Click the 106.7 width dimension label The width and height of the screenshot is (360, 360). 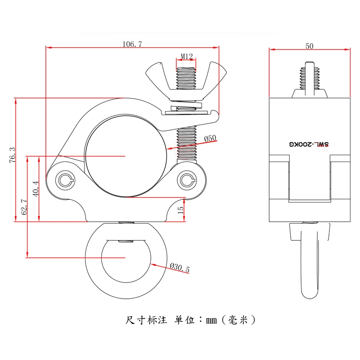pos(132,44)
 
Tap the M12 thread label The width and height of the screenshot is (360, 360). pos(187,56)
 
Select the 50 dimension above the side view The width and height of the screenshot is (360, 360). pos(309,45)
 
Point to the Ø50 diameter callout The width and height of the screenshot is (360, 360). pos(210,138)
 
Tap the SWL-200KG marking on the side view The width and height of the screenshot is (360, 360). pos(309,144)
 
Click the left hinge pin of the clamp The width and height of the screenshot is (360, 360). pos(66,181)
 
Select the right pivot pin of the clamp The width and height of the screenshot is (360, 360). pos(186,180)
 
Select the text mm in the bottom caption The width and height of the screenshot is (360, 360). pos(211,320)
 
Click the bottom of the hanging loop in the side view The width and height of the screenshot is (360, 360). pos(309,295)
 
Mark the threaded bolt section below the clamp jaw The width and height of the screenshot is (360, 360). pos(186,144)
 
